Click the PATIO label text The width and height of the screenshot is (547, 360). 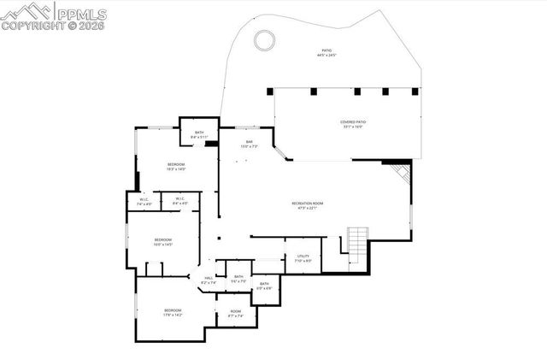click(326, 51)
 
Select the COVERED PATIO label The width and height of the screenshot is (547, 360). click(352, 123)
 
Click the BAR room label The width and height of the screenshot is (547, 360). click(250, 142)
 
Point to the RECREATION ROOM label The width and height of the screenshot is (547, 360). click(307, 204)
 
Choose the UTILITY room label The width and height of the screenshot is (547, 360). click(303, 256)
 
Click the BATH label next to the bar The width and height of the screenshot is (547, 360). click(199, 133)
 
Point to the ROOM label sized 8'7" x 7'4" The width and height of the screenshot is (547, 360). click(236, 310)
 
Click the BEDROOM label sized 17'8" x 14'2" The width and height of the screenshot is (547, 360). click(173, 311)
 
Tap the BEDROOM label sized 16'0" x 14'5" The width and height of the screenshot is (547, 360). click(162, 239)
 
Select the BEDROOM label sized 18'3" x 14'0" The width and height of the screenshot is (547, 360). click(176, 164)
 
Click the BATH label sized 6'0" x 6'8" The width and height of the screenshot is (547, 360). click(264, 284)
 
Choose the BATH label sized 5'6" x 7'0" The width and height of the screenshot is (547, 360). click(238, 276)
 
